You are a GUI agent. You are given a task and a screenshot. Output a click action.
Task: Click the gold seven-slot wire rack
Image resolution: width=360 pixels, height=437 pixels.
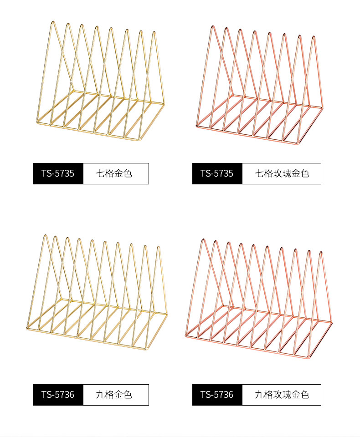[x=100, y=82]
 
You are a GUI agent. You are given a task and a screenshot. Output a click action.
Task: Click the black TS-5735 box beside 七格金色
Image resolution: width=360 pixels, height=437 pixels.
[x=58, y=173]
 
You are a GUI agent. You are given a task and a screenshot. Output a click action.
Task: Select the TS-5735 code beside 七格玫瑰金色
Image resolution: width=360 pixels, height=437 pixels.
[x=217, y=173]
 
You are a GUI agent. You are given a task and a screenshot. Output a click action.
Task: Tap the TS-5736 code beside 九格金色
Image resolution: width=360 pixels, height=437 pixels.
[x=58, y=395]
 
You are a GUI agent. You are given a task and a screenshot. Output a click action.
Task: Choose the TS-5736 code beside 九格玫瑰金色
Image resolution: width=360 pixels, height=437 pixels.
[x=217, y=395]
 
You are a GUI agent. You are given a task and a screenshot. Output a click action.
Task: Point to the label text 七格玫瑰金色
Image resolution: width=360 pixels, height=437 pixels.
[x=282, y=173]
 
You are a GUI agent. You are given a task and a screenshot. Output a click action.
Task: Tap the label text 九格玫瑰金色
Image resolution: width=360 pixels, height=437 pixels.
[x=282, y=395]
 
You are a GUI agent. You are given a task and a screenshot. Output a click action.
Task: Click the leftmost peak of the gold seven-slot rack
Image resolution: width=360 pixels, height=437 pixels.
[x=53, y=21]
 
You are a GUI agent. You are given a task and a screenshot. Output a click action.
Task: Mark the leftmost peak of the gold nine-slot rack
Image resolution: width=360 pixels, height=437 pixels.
[x=45, y=235]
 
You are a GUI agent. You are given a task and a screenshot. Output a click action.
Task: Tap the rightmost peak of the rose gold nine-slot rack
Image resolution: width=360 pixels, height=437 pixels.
[x=321, y=252]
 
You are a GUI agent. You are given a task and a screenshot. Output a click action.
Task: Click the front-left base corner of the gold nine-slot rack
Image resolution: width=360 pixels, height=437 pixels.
[x=26, y=328]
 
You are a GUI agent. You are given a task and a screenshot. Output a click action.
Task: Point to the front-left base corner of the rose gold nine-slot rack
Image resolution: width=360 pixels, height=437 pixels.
[x=186, y=335]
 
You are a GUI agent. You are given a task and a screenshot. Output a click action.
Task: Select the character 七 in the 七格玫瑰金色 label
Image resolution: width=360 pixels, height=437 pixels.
[x=259, y=173]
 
